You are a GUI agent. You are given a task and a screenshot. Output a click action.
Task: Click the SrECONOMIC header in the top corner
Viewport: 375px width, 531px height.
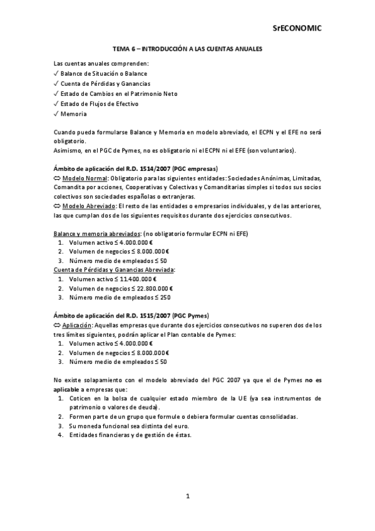pyautogui.click(x=297, y=28)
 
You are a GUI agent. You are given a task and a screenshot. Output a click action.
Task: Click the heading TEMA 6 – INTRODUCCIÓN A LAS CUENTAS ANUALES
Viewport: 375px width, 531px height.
pyautogui.click(x=187, y=48)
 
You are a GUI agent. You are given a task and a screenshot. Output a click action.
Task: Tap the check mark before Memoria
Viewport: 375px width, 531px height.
pyautogui.click(x=56, y=114)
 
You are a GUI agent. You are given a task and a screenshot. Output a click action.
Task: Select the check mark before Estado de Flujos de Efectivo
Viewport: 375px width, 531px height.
pyautogui.click(x=56, y=104)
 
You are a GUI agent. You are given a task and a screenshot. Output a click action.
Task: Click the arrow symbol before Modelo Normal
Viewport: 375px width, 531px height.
pyautogui.click(x=58, y=179)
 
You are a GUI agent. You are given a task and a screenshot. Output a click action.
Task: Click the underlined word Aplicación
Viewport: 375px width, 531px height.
pyautogui.click(x=76, y=325)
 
